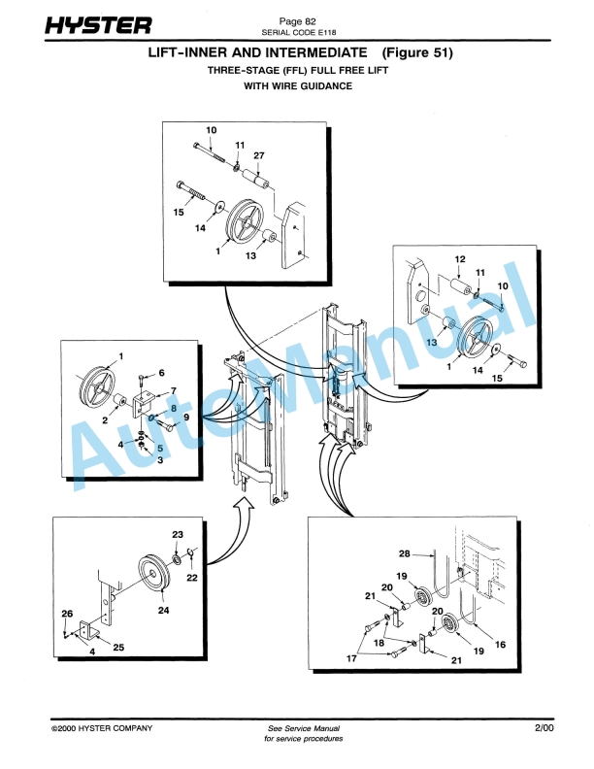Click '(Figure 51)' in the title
coord(417,50)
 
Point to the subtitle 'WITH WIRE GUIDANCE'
coord(297,85)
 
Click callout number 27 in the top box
coord(259,155)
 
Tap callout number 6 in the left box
coord(161,373)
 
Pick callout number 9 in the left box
coord(175,417)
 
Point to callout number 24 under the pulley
coord(163,612)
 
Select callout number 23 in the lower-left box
coord(178,535)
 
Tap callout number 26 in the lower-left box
coord(67,614)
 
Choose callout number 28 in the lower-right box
coord(404,553)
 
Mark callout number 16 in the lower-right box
coord(501,643)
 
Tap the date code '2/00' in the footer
coord(542,727)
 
